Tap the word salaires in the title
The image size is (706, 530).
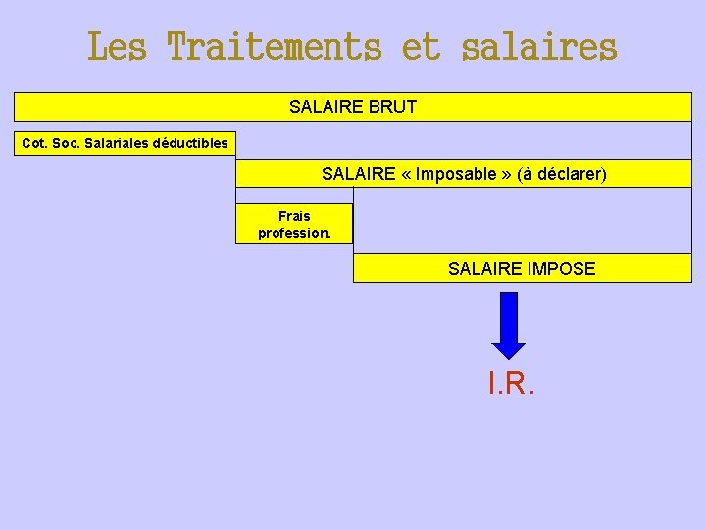point(538,47)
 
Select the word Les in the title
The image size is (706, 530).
point(116,47)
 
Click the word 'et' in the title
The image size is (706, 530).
point(422,47)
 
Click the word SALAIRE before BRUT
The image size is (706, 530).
point(326,106)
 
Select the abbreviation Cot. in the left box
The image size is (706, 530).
point(34,143)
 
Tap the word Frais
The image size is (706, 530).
point(294,216)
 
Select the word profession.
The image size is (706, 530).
point(294,233)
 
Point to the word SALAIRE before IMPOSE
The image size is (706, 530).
point(483,268)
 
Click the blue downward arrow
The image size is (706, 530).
point(508,324)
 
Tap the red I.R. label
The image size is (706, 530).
point(511,383)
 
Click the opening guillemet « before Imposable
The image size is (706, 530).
point(406,174)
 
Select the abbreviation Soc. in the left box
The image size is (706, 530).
point(67,143)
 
